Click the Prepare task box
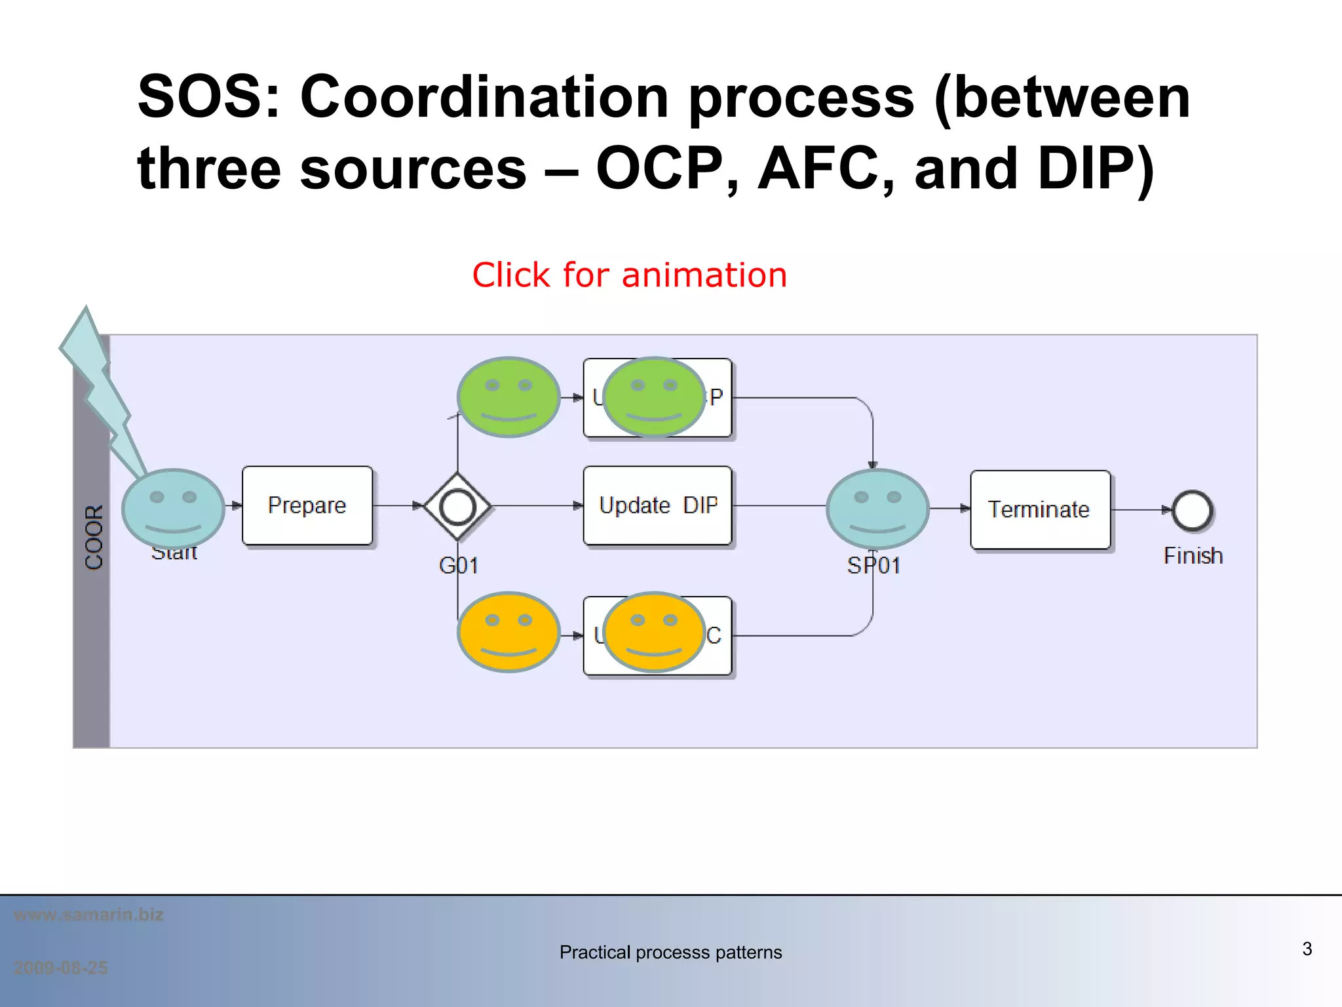click(307, 505)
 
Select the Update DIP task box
click(657, 505)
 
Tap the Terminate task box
click(1040, 509)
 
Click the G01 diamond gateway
click(457, 506)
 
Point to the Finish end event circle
click(1192, 510)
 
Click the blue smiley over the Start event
click(173, 509)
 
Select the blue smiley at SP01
click(877, 509)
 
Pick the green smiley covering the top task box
click(653, 397)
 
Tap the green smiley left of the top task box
click(508, 397)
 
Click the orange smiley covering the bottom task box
click(653, 632)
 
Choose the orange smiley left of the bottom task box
click(508, 632)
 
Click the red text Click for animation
click(629, 275)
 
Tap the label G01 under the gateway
click(459, 565)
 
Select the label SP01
click(873, 565)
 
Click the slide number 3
click(1307, 949)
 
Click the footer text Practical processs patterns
click(670, 952)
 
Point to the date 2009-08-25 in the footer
click(61, 968)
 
